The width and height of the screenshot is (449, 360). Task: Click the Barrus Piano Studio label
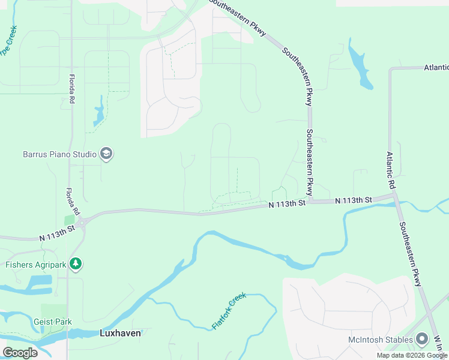pyautogui.click(x=59, y=154)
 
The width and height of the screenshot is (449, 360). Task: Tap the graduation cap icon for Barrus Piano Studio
pyautogui.click(x=107, y=154)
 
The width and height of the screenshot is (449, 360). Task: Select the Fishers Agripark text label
pyautogui.click(x=35, y=263)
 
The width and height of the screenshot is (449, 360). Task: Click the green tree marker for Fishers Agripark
pyautogui.click(x=75, y=263)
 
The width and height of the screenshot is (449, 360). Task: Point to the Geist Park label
pyautogui.click(x=53, y=322)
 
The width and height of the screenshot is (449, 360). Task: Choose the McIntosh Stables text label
pyautogui.click(x=381, y=340)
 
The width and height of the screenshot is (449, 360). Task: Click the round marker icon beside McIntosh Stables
pyautogui.click(x=423, y=340)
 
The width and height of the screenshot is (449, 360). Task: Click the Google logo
pyautogui.click(x=20, y=352)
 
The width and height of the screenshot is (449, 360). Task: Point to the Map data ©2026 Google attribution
pyautogui.click(x=412, y=355)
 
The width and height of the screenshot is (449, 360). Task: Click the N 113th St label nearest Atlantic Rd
pyautogui.click(x=354, y=199)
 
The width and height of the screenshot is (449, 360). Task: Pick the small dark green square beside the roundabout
pyautogui.click(x=69, y=220)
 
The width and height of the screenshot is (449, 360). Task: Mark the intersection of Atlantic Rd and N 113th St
pyautogui.click(x=394, y=193)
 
